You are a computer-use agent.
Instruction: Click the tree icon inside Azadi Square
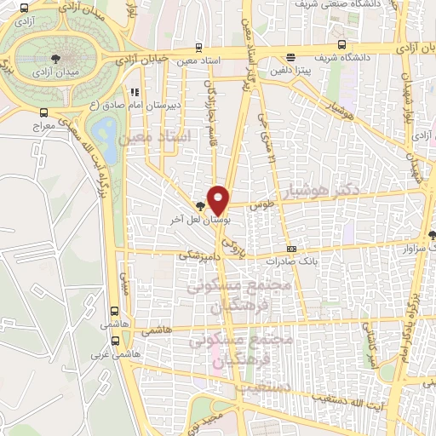55,58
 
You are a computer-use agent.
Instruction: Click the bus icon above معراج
43,112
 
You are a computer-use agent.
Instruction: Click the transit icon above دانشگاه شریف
341,46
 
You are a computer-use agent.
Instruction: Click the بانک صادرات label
290,261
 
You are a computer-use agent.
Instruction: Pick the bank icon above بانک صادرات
292,249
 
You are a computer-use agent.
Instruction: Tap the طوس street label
260,205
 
